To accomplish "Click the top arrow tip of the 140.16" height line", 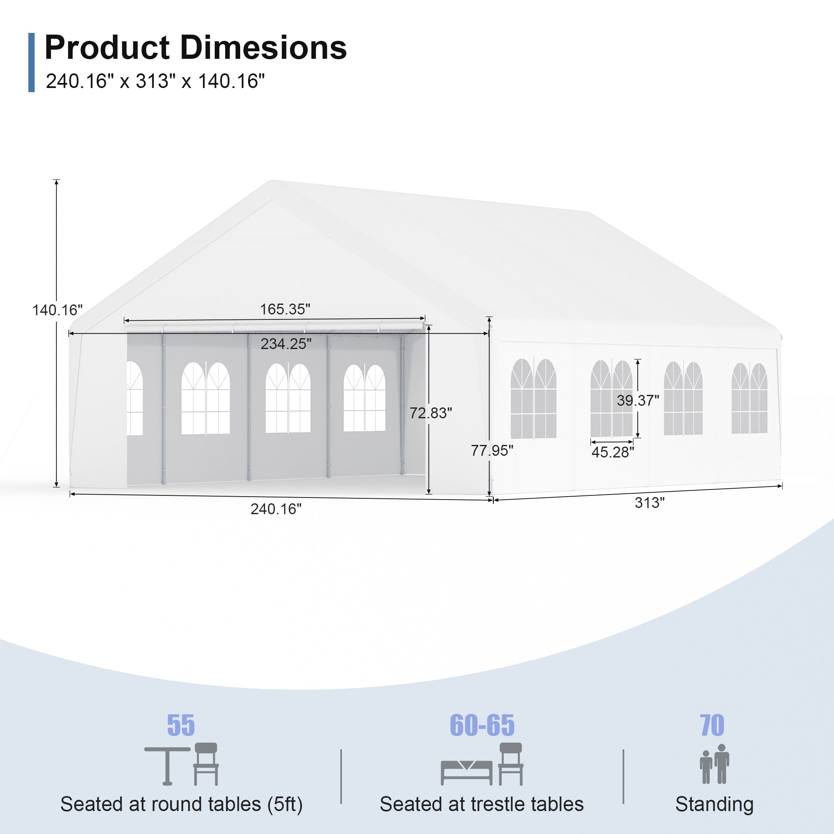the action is pyautogui.click(x=57, y=180).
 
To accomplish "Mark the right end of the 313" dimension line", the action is pyautogui.click(x=782, y=486).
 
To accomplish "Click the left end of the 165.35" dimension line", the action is pyautogui.click(x=124, y=320).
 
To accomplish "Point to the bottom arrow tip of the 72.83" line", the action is pyautogui.click(x=429, y=493).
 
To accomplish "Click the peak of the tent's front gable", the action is pyautogui.click(x=272, y=181).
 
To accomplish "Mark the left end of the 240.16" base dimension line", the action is pyautogui.click(x=70, y=494).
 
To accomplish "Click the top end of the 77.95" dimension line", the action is pyautogui.click(x=489, y=317).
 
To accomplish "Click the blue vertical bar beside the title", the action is pyautogui.click(x=31, y=63).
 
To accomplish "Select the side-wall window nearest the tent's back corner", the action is pyautogui.click(x=749, y=398).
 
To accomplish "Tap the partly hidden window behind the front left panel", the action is pyautogui.click(x=135, y=398).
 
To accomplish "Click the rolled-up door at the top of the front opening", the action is pyautogui.click(x=274, y=327).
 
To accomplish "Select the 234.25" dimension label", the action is pyautogui.click(x=286, y=344).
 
